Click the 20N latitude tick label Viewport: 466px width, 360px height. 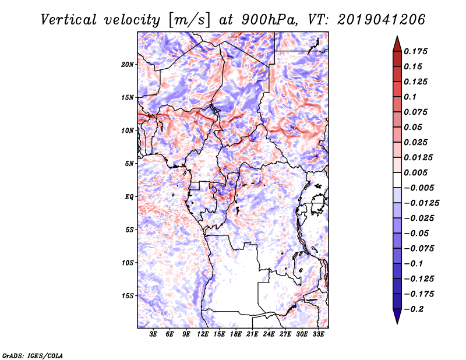(128, 64)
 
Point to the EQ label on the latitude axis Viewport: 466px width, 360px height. (129, 197)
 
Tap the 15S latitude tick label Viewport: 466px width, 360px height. (128, 296)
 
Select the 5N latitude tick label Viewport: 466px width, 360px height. (129, 164)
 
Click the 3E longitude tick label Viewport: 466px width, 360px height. (153, 334)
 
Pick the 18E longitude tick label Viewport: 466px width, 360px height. (236, 334)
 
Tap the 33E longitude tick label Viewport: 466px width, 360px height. (318, 334)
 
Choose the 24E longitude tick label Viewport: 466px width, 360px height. (269, 334)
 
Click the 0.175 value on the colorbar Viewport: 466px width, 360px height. (415, 51)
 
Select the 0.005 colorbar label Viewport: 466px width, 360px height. (415, 172)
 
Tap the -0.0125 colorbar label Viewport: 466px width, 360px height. (422, 203)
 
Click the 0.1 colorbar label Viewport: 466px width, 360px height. (410, 97)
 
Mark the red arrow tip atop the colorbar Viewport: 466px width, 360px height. (397, 36)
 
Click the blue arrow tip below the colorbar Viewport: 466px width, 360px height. (397, 323)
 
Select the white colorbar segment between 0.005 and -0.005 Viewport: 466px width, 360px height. (397, 180)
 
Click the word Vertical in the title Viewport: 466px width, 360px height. (69, 20)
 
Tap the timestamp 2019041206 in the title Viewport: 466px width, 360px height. (382, 20)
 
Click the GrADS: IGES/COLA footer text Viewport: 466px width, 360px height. (33, 355)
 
